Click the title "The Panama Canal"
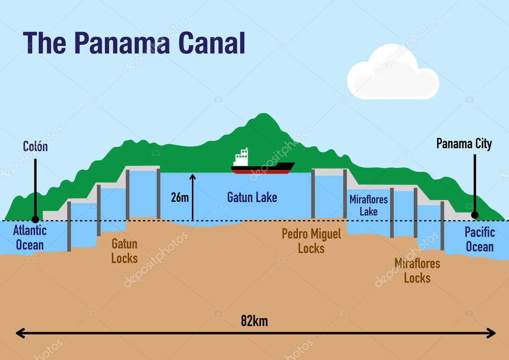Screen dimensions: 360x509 (x=134, y=43)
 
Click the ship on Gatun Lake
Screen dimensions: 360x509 (x=262, y=164)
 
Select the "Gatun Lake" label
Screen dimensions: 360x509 (x=252, y=197)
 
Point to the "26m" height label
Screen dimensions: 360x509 (x=179, y=197)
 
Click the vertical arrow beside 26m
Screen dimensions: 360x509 (x=192, y=197)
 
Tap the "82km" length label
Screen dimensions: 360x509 (x=254, y=321)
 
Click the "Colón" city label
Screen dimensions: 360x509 (x=35, y=146)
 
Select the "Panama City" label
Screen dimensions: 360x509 (x=464, y=144)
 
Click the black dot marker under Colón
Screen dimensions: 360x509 (x=35, y=219)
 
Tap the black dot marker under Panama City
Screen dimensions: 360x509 (x=475, y=215)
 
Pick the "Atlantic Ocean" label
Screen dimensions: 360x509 (x=30, y=238)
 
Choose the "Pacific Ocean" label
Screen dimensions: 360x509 (x=479, y=239)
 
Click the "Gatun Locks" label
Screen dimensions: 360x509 (x=124, y=251)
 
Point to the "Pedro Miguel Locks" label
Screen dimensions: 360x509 (x=311, y=241)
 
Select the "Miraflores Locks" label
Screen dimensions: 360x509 (x=417, y=270)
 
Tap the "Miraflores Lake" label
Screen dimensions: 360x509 (x=368, y=205)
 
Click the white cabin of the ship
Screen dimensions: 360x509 (x=241, y=158)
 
